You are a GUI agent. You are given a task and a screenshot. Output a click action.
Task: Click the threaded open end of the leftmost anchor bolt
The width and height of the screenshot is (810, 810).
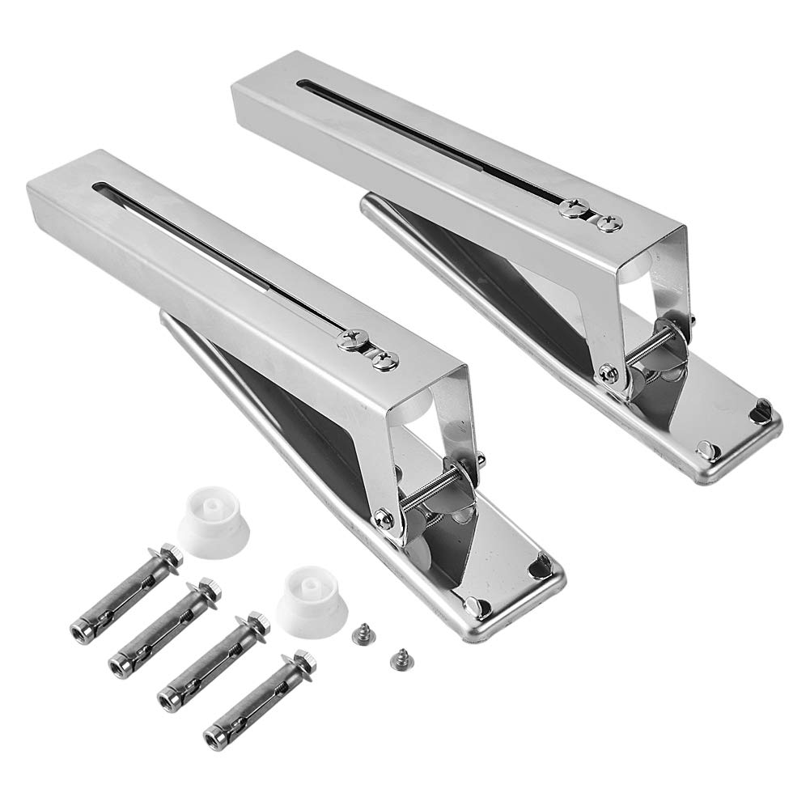click(x=80, y=631)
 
